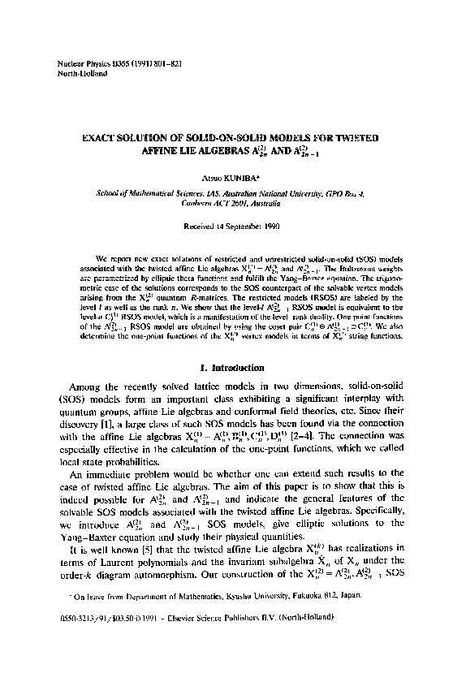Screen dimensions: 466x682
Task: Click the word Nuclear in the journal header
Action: (x=64, y=63)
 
